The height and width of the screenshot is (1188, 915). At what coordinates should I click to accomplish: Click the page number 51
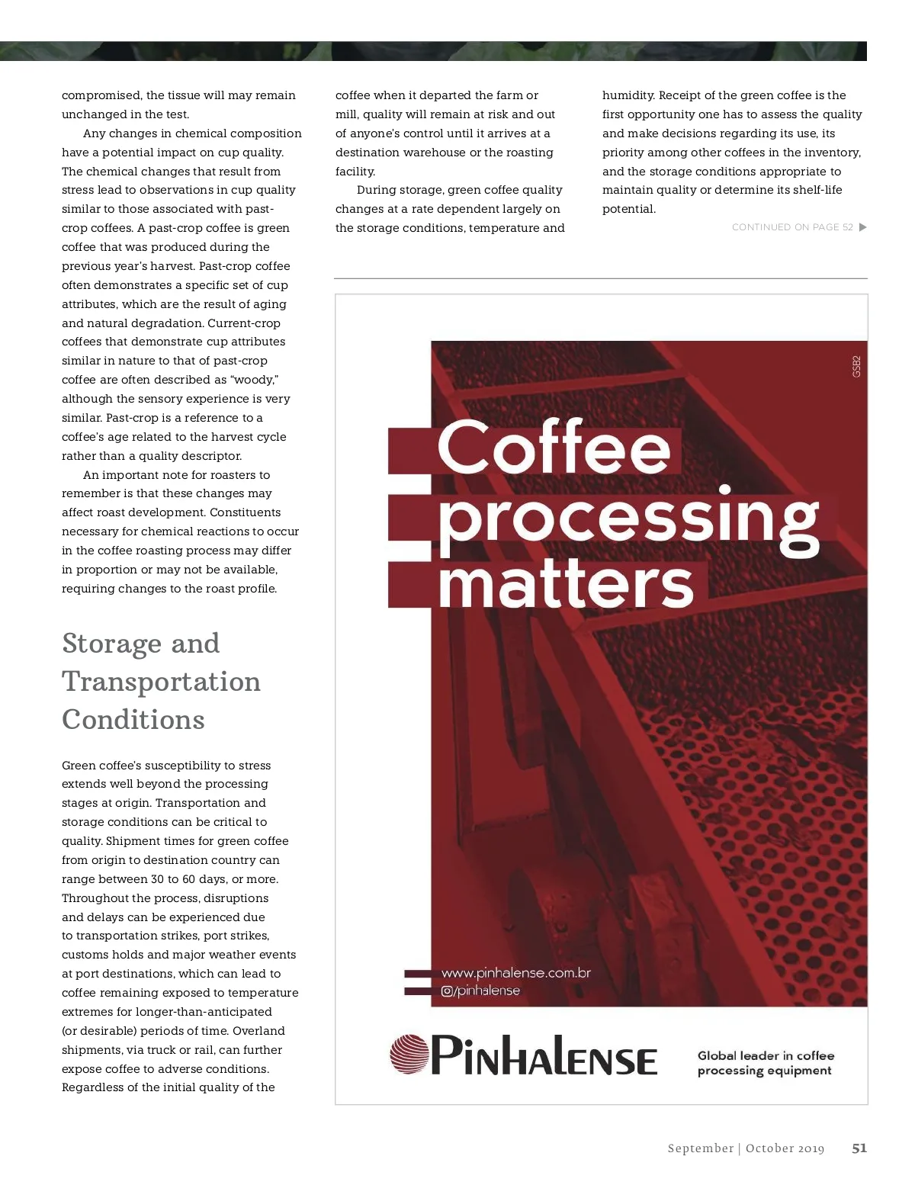(859, 1148)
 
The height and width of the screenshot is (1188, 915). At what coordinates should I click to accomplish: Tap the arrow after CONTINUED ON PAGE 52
(862, 227)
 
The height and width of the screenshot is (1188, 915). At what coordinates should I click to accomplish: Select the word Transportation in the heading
(161, 682)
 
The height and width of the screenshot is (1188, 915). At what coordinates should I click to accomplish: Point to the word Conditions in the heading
(133, 720)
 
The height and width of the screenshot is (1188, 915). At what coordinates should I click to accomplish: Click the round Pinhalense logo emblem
(409, 1054)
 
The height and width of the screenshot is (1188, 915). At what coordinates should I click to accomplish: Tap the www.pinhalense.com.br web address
(516, 973)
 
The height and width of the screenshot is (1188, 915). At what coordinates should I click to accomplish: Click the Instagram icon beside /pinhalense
(447, 991)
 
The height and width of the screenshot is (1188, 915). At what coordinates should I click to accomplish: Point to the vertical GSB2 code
(856, 366)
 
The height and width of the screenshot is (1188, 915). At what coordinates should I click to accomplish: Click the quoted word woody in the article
(254, 380)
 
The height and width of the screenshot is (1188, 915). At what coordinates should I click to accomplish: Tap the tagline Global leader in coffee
(766, 1055)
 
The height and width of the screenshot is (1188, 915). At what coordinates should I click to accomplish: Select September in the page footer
(700, 1148)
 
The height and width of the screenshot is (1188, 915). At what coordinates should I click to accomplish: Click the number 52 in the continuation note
(847, 227)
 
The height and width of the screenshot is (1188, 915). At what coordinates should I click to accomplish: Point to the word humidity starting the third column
(628, 95)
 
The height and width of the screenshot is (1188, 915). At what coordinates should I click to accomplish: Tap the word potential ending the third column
(628, 209)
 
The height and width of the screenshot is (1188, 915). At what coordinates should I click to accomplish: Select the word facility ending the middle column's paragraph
(355, 172)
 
